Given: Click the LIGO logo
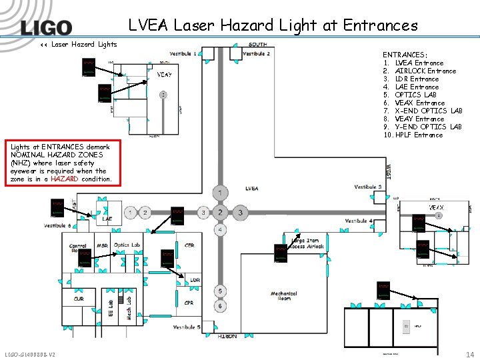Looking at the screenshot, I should click(x=45, y=27).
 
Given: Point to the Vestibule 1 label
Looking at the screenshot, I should click(x=183, y=53).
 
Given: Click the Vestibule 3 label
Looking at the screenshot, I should click(x=368, y=187).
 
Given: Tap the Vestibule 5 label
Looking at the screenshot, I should click(x=187, y=327).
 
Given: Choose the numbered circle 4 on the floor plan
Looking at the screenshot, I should click(x=221, y=230).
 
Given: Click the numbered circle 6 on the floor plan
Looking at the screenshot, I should click(x=221, y=305).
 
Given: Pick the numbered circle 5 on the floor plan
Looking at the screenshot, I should click(x=221, y=291).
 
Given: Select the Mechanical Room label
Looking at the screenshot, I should click(x=284, y=296).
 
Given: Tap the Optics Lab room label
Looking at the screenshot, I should click(x=127, y=245).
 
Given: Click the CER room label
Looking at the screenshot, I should click(x=189, y=245).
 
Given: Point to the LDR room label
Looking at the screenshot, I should click(x=194, y=280).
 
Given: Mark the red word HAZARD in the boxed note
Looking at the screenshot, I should click(x=65, y=179).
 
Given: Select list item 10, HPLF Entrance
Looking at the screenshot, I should click(x=412, y=135).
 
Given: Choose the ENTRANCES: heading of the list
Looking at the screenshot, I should click(x=405, y=55).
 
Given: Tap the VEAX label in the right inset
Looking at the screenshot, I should click(x=437, y=207).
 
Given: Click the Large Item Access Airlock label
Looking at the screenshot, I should click(x=306, y=243).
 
